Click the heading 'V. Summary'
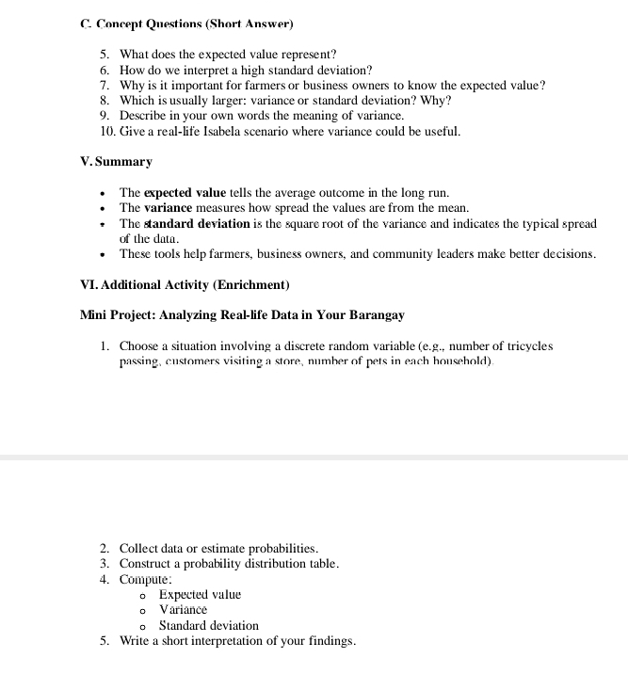coord(117,162)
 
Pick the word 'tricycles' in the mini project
coord(525,346)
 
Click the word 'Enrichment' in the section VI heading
coord(251,284)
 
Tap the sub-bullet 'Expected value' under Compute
coord(200,595)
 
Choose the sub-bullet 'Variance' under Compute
coord(183,610)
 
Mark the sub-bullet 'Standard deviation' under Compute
coord(208,626)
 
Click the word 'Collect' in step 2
coord(138,549)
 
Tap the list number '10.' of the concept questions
coord(106,131)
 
